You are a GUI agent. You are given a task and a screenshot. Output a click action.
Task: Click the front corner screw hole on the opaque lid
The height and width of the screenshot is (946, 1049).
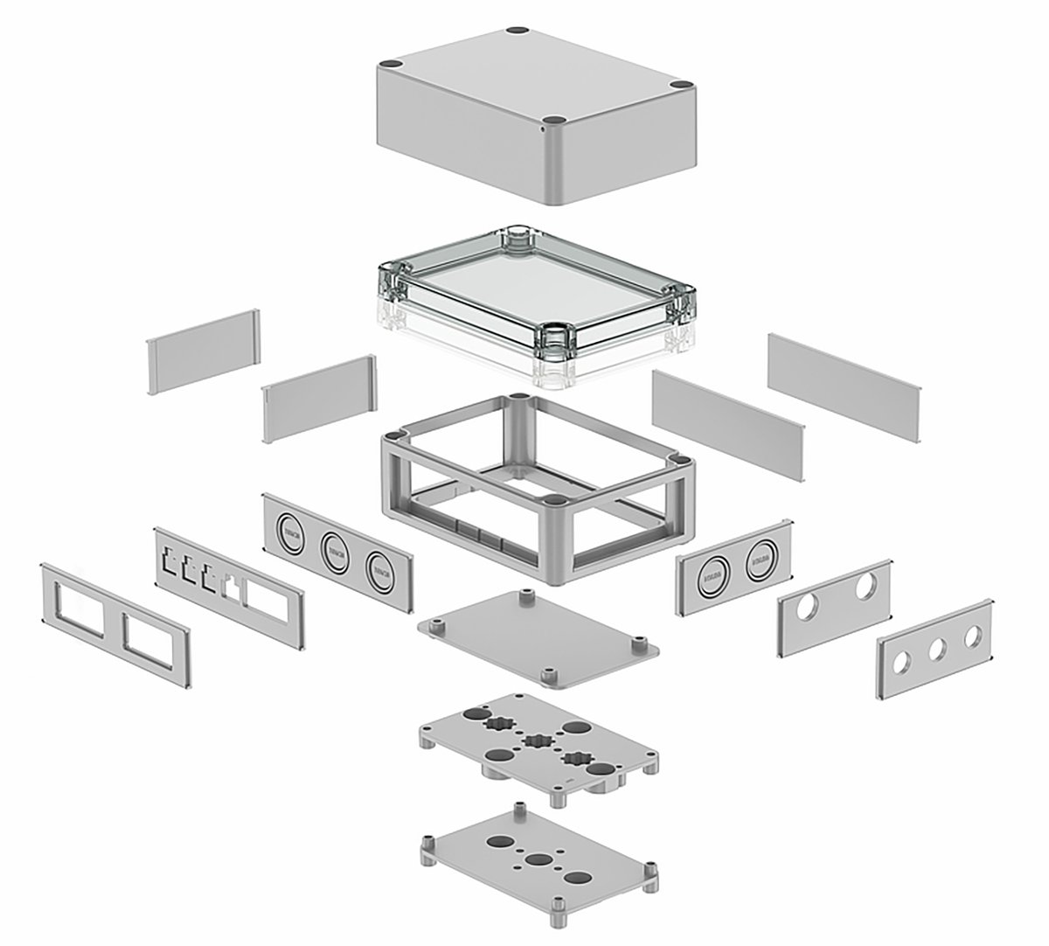pos(552,120)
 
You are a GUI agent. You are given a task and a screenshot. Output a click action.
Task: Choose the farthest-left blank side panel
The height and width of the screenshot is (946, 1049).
pos(203,351)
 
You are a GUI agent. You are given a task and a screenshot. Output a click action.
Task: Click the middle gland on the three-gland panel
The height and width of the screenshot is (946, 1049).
pos(337,550)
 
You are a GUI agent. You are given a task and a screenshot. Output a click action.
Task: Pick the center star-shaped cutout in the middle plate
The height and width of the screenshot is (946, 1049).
pos(535,742)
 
